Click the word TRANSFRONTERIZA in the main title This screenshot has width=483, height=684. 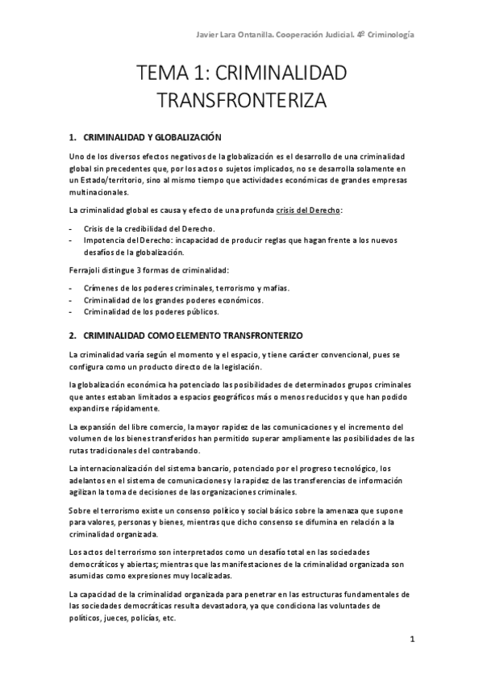tap(241, 102)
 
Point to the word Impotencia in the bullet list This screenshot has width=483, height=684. tap(106, 241)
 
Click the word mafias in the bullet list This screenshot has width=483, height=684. tap(276, 289)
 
